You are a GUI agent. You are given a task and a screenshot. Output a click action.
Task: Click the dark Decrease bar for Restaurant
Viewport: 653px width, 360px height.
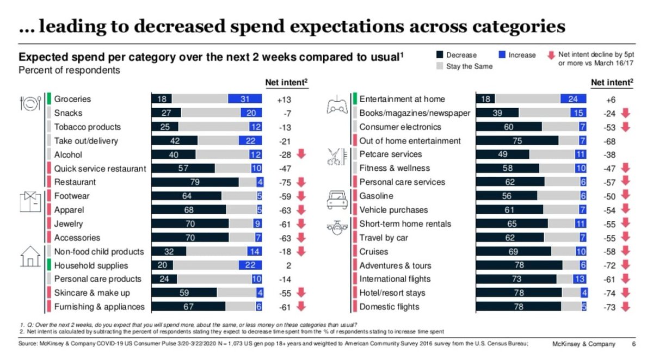point(195,182)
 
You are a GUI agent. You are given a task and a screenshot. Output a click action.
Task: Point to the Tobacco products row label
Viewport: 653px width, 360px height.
point(87,127)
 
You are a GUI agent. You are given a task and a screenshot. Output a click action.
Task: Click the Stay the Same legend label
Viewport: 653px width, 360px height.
point(470,66)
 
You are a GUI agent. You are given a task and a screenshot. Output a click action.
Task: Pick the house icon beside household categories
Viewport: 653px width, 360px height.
point(29,256)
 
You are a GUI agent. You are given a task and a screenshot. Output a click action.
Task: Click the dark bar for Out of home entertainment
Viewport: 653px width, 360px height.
point(517,141)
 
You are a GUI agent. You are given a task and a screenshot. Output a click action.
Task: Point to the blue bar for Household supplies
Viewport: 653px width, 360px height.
point(251,265)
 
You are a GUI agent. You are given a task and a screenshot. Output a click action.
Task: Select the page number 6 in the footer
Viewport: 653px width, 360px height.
point(633,344)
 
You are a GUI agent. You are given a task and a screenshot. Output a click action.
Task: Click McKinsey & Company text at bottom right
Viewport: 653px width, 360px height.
point(584,344)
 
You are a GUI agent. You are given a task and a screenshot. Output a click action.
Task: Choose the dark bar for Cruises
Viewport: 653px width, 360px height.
point(513,251)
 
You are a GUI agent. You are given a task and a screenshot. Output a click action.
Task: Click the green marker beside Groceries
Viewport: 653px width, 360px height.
point(47,99)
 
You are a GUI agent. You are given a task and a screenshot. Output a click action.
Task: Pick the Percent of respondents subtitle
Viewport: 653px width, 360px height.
point(69,70)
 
